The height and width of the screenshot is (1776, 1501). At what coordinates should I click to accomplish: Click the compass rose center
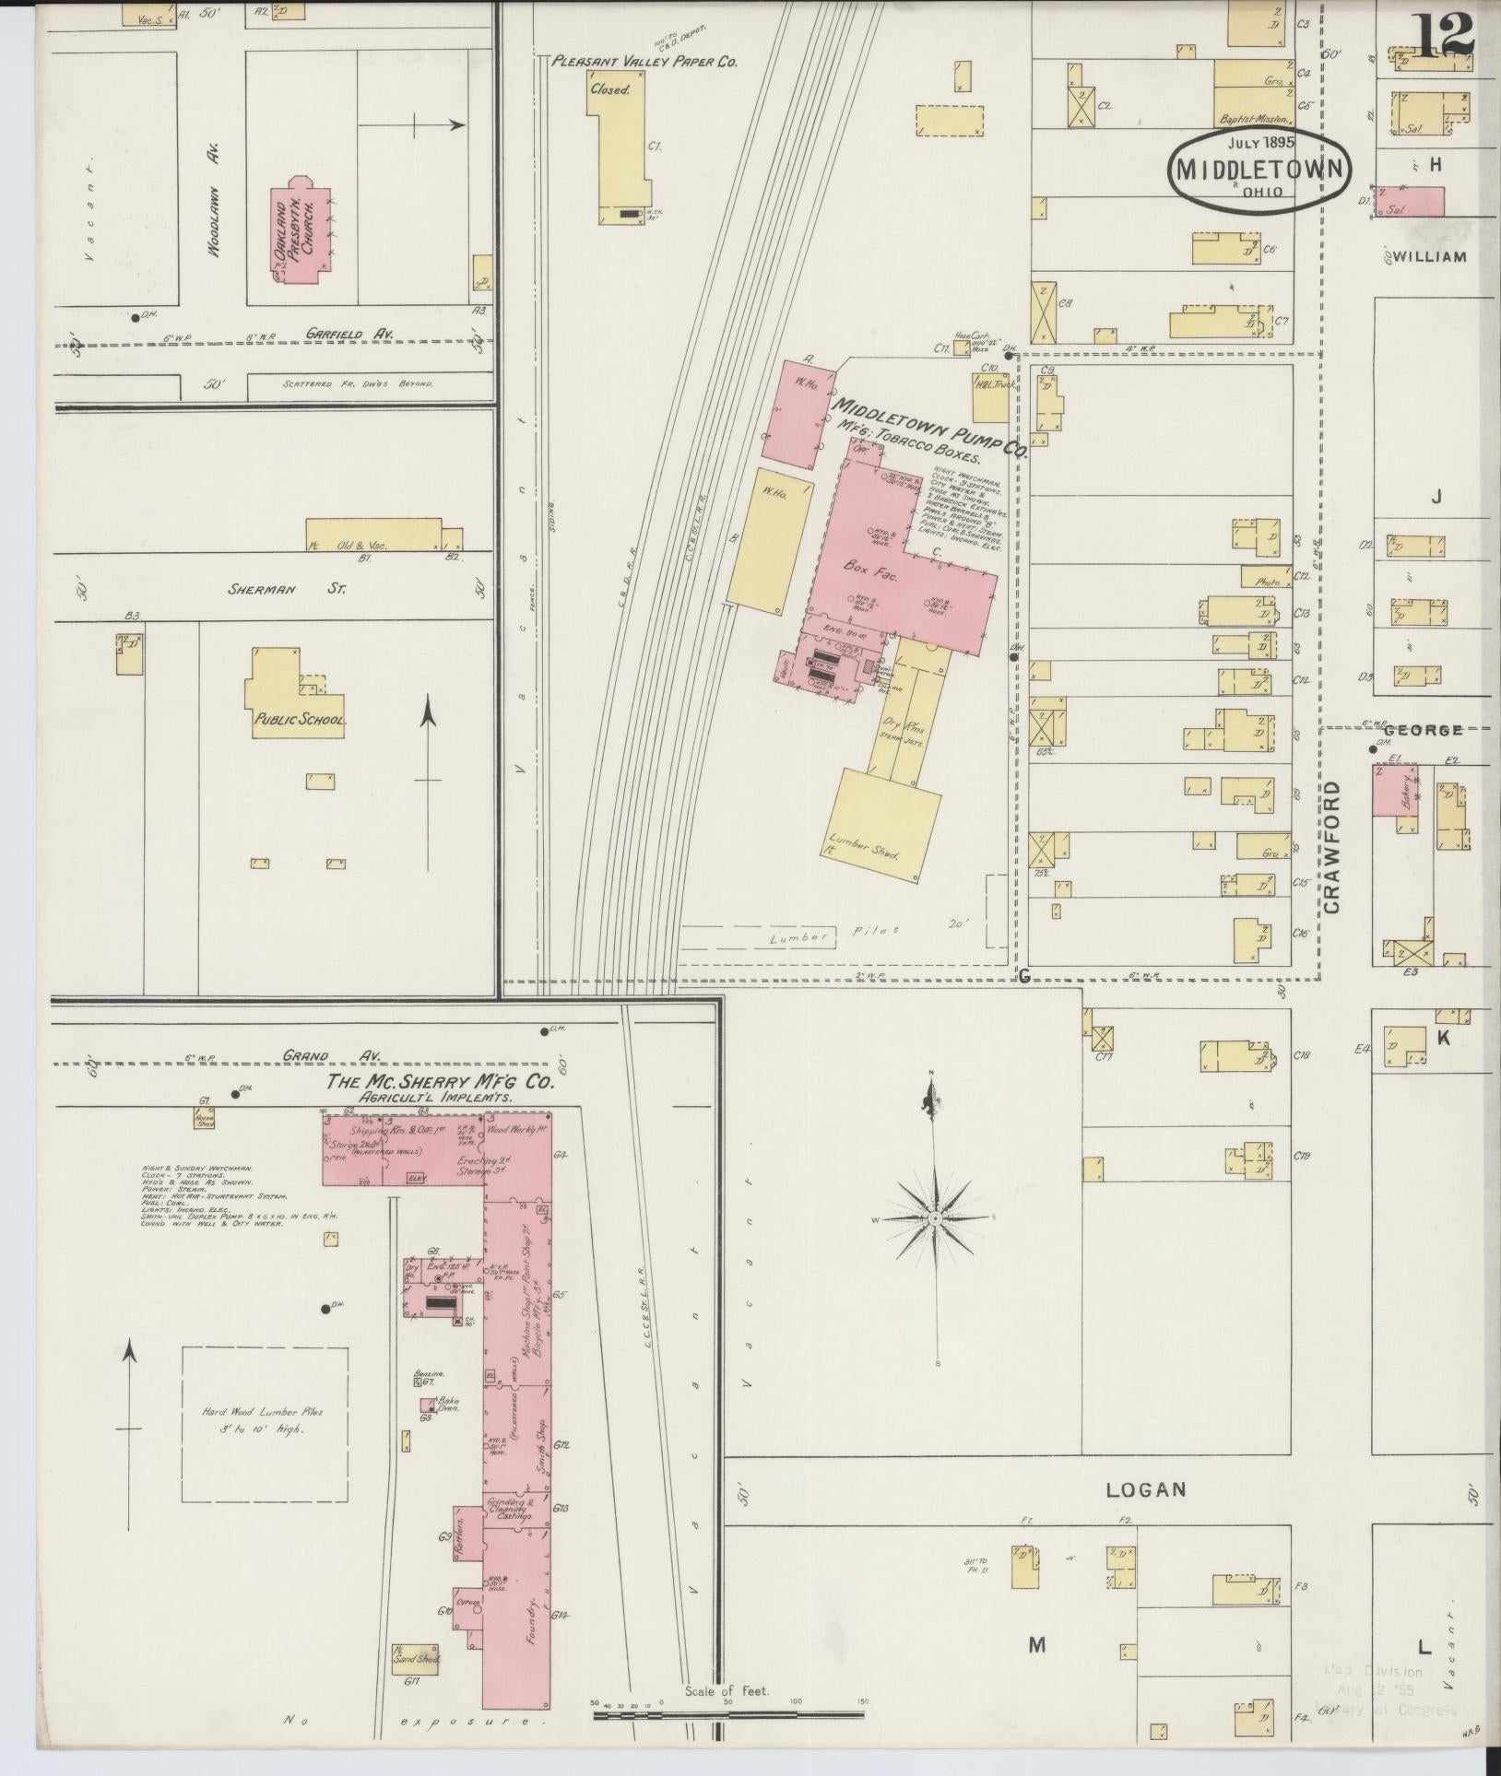[935, 1217]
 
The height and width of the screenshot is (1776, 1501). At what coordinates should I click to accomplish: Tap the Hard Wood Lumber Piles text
[264, 1446]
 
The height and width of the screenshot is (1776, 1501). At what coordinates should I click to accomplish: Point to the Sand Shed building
[416, 1655]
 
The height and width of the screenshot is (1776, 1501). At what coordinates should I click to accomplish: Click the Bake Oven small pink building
[428, 1431]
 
